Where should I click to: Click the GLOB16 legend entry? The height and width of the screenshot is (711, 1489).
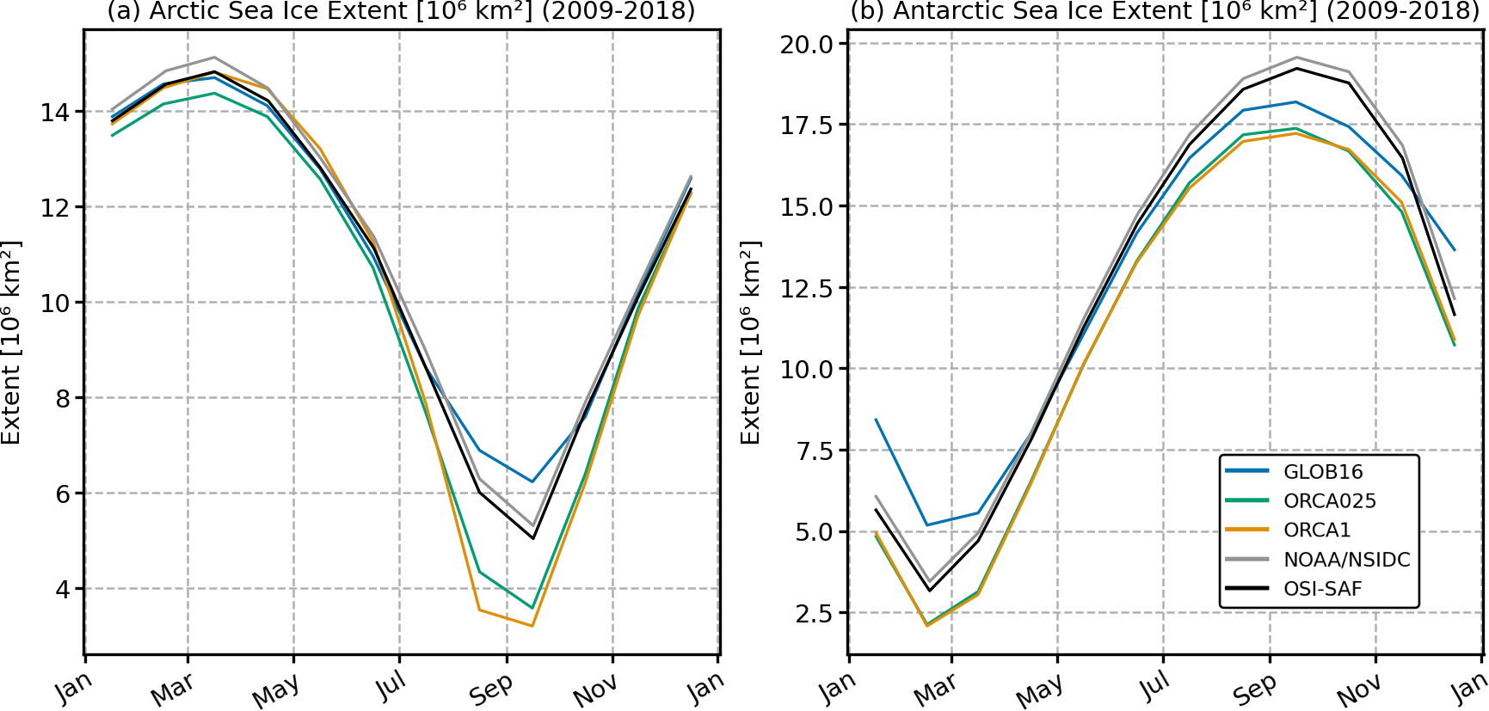1323,471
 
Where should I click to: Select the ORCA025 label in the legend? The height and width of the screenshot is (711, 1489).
1329,500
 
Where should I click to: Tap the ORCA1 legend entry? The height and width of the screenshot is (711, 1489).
1317,530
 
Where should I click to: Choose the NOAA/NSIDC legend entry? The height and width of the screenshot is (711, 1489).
1346,560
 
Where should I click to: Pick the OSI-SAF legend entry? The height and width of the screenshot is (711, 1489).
1322,589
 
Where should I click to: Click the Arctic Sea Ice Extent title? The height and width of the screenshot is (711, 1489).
401,11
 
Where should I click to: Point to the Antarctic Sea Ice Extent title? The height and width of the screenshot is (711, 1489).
1165,11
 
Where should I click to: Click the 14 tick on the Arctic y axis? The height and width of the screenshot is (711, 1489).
55,112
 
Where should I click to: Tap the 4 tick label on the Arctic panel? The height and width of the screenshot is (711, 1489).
62,589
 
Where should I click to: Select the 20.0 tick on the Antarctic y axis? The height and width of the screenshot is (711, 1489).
806,44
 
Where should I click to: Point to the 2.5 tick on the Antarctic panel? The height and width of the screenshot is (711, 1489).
813,613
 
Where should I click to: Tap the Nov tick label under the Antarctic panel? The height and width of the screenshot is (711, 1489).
1359,690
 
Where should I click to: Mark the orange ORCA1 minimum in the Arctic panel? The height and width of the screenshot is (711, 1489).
532,625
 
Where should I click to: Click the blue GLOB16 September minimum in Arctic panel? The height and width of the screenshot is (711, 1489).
532,481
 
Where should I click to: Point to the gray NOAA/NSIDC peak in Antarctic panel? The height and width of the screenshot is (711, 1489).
1296,58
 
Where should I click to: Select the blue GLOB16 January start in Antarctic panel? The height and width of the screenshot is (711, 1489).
876,419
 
